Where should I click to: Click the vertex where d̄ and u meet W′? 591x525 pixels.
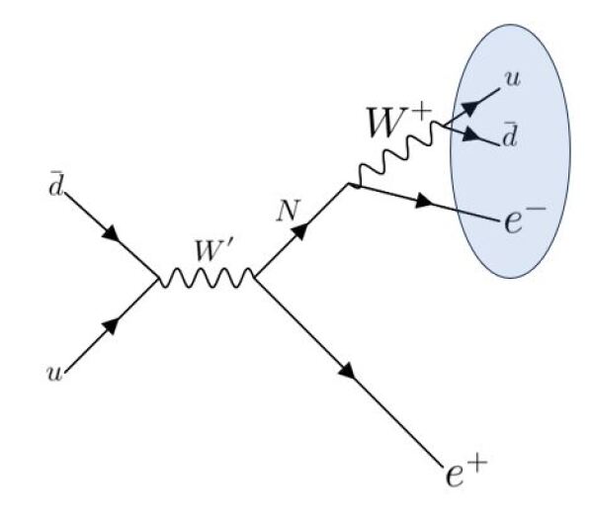pyautogui.click(x=158, y=281)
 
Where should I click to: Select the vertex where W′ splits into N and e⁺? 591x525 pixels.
pyautogui.click(x=255, y=280)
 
